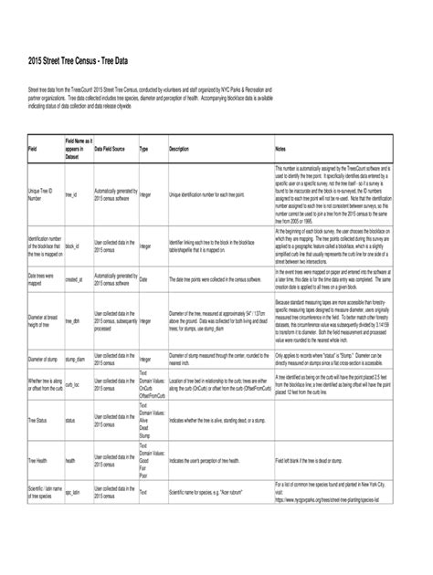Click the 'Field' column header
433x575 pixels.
tap(33, 148)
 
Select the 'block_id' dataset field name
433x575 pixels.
tap(71, 246)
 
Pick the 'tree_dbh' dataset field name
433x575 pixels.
tap(72, 321)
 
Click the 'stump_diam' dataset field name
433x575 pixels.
tap(75, 360)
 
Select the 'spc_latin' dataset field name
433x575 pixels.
tap(73, 517)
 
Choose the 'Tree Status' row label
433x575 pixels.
tap(37, 421)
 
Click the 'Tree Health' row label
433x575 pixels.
tap(37, 461)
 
